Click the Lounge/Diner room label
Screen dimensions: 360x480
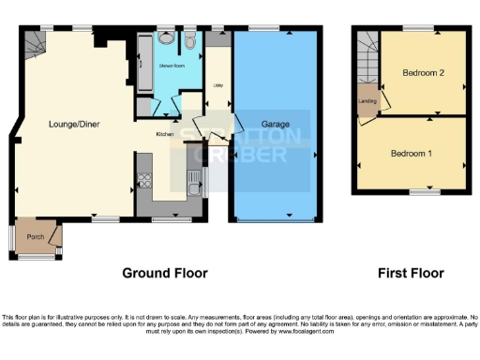click(75, 124)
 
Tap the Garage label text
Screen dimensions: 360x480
click(275, 124)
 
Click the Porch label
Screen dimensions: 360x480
click(36, 235)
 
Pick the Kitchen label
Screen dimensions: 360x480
click(165, 134)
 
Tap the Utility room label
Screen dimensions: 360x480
click(217, 83)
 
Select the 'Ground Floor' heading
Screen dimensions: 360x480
click(165, 273)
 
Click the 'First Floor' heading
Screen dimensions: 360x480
click(411, 273)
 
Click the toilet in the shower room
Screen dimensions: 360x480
click(189, 41)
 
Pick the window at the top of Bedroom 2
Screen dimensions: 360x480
click(418, 28)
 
